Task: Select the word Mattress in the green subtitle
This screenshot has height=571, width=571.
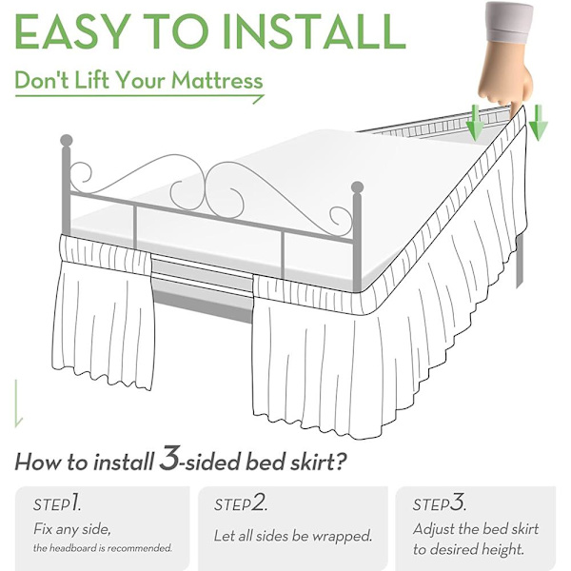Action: click(x=217, y=81)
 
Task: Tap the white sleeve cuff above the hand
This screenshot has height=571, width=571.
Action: click(x=509, y=23)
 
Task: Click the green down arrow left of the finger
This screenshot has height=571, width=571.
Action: click(x=475, y=123)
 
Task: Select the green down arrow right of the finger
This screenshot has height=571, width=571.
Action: click(x=538, y=123)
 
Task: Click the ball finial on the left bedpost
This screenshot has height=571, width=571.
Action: click(x=67, y=141)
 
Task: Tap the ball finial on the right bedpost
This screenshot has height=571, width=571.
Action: click(x=357, y=187)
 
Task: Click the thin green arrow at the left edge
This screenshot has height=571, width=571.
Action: click(x=17, y=404)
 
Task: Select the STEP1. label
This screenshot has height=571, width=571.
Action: click(x=57, y=503)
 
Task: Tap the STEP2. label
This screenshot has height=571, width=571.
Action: click(x=241, y=503)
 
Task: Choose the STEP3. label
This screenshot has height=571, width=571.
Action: click(x=440, y=502)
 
